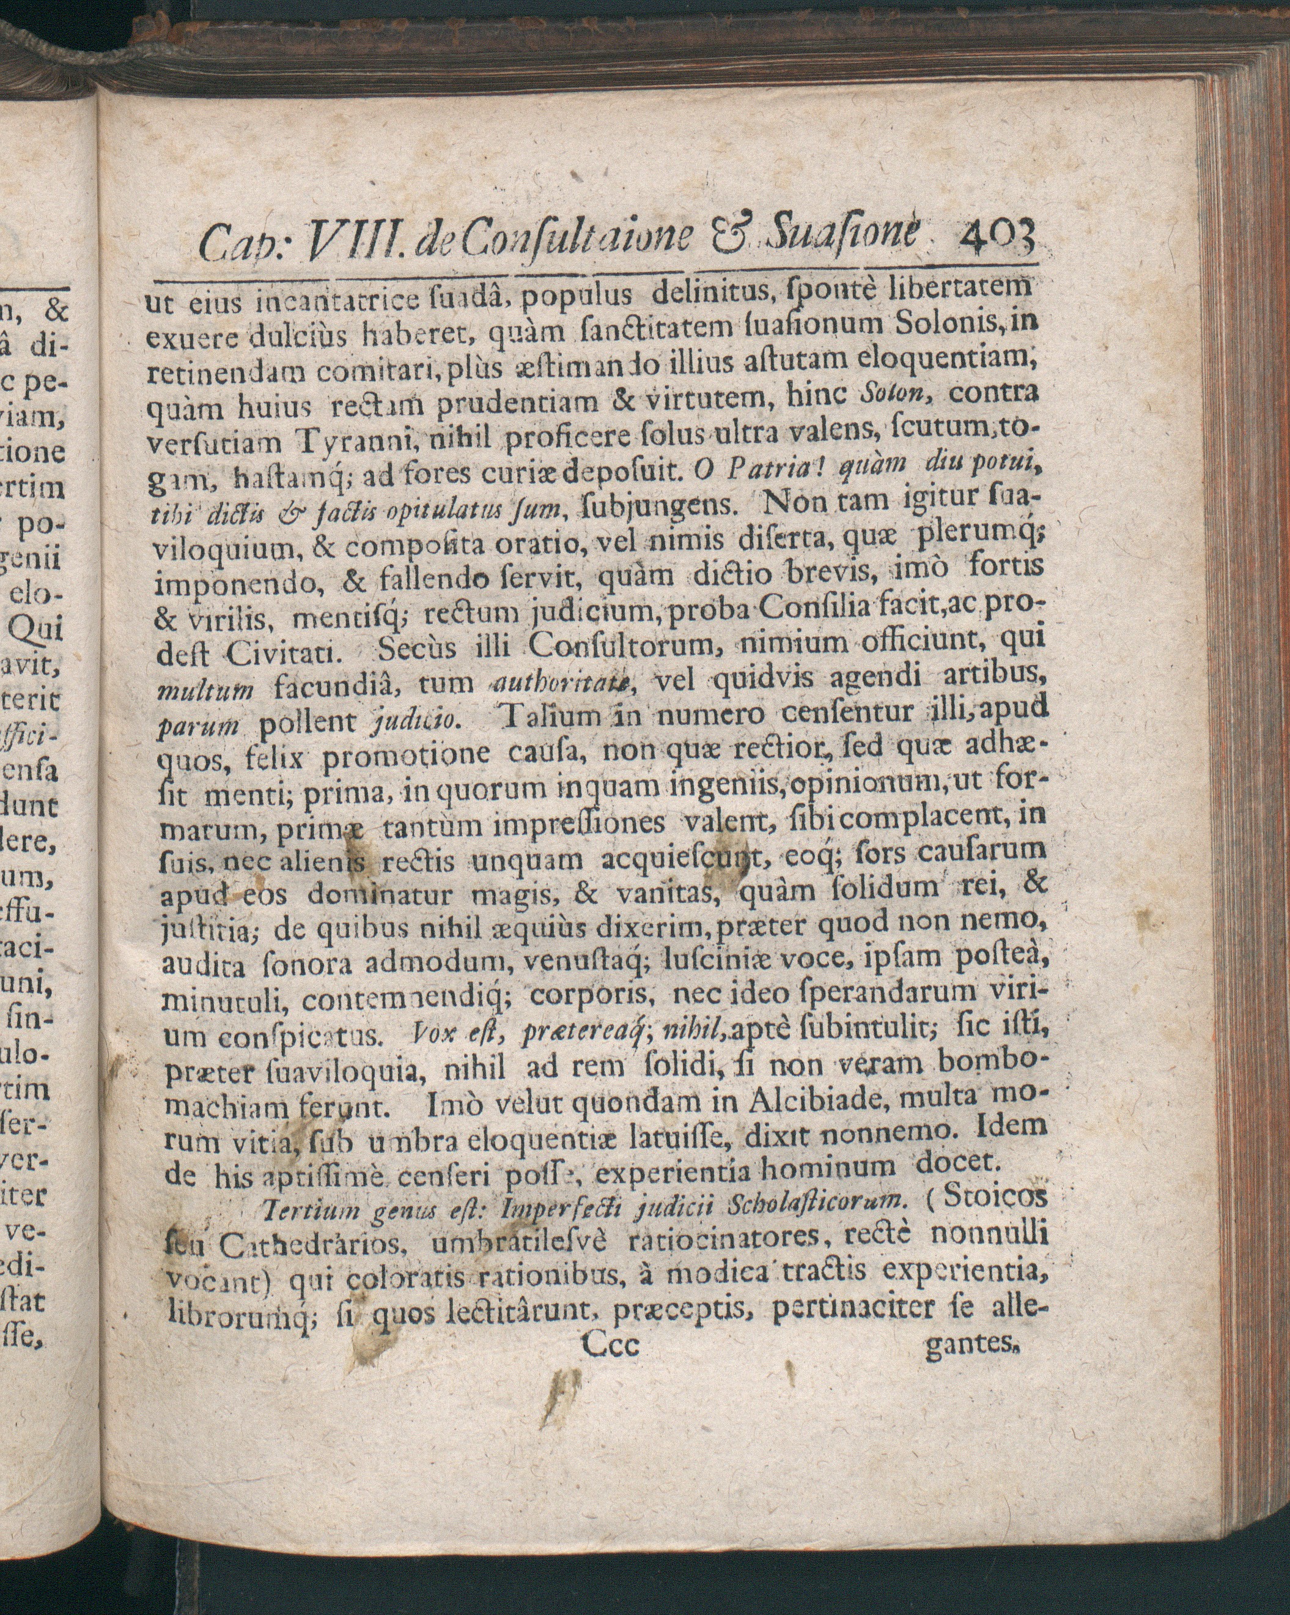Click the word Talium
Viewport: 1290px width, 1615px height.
tap(541, 716)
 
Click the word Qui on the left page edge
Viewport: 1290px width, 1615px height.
tap(46, 632)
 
